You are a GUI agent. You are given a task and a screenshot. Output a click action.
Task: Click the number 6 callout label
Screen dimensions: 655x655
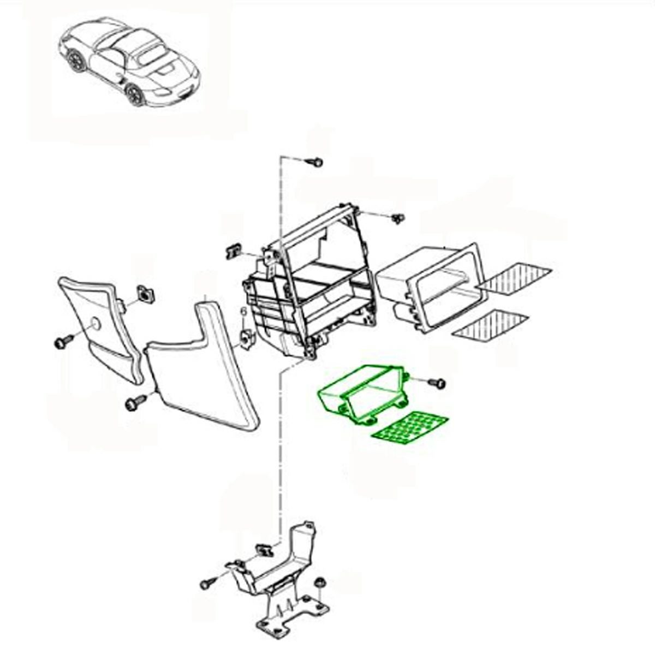243,311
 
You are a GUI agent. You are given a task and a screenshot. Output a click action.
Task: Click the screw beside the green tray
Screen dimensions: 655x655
437,383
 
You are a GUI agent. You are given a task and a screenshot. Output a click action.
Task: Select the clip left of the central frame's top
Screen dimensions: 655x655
233,251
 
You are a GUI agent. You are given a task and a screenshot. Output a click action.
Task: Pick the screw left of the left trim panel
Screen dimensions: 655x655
63,341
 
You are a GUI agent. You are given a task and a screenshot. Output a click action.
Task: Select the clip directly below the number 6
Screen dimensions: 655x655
247,339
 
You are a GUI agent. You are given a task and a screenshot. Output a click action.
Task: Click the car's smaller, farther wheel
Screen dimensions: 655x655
75,59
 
